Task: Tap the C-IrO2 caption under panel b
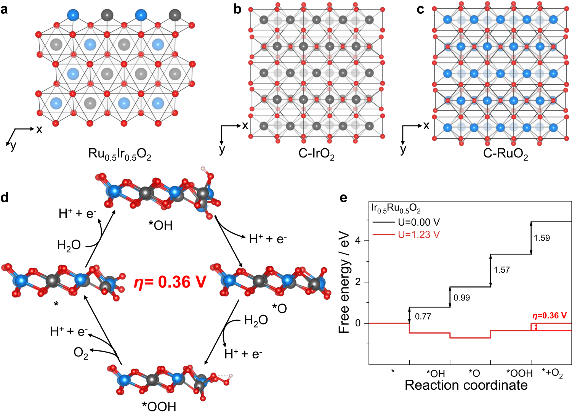pyautogui.click(x=316, y=154)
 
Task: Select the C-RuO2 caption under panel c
pyautogui.click(x=505, y=154)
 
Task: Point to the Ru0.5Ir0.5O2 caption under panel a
pyautogui.click(x=120, y=154)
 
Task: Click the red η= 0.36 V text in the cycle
pyautogui.click(x=170, y=282)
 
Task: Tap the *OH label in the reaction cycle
pyautogui.click(x=160, y=226)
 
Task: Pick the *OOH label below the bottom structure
pyautogui.click(x=159, y=406)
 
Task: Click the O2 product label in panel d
pyautogui.click(x=81, y=353)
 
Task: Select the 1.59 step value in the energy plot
pyautogui.click(x=542, y=238)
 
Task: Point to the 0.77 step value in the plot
pyautogui.click(x=423, y=316)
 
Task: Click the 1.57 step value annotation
pyautogui.click(x=502, y=270)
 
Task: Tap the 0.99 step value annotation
pyautogui.click(x=461, y=297)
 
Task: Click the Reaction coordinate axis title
pyautogui.click(x=466, y=385)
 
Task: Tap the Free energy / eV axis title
pyautogui.click(x=344, y=282)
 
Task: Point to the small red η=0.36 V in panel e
pyautogui.click(x=549, y=315)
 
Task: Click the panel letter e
pyautogui.click(x=343, y=198)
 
